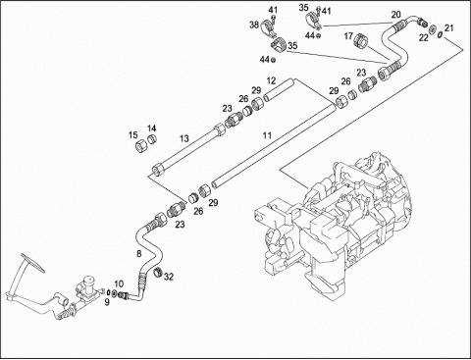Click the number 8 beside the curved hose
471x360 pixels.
pos(139,253)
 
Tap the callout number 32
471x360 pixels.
pos(169,277)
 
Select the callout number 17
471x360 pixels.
pos(348,36)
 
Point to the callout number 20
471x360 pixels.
pos(395,15)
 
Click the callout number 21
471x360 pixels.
pos(449,28)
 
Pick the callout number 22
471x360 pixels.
pos(424,38)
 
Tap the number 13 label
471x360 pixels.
pos(184,138)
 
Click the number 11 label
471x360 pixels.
pos(268,135)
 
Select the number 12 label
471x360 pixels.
pos(271,80)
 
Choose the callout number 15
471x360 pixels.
pos(133,135)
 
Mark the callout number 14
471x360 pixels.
pos(151,129)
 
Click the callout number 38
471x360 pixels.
pos(254,25)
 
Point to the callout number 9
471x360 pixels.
pos(107,302)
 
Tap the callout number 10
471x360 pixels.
pos(119,283)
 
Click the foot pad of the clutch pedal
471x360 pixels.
pos(32,262)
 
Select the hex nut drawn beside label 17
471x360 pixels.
pos(361,40)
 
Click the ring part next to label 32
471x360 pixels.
pos(159,272)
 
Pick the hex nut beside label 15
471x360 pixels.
pos(140,145)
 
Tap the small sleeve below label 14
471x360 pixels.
pos(151,139)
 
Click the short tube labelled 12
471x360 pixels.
pos(279,89)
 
